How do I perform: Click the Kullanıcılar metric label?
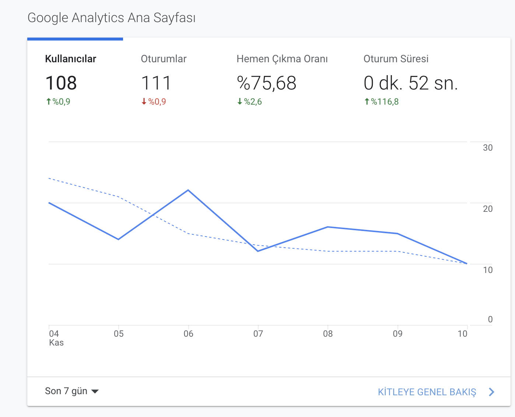coord(71,59)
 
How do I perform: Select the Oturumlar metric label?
coord(164,59)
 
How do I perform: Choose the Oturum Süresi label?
coord(396,59)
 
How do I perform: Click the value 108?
coord(61,83)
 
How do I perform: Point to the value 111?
coord(156,83)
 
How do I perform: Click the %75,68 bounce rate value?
coord(267,83)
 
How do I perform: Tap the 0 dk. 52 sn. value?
coord(411,83)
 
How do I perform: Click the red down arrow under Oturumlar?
coord(144,102)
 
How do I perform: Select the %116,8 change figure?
coord(385,102)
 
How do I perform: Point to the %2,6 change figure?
coord(253,102)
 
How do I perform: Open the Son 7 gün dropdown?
coord(72,391)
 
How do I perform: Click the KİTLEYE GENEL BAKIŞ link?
coord(427,392)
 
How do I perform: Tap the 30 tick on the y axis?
coord(488,148)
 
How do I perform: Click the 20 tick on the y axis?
coord(488,209)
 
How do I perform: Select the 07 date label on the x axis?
coord(258,334)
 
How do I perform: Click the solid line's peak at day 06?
coord(188,190)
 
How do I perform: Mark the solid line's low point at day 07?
coord(258,251)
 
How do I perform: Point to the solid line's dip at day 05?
coord(119,239)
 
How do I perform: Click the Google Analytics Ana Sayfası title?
coord(112,18)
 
